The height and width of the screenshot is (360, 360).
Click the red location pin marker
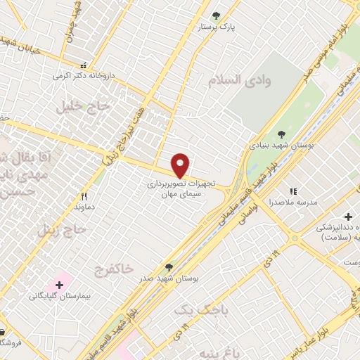click(x=181, y=166)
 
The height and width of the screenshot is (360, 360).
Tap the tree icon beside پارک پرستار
click(x=216, y=15)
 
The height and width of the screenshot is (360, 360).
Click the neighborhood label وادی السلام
click(x=239, y=79)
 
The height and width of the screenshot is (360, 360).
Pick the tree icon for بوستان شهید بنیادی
click(x=281, y=134)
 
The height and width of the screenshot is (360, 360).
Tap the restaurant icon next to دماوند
click(x=84, y=197)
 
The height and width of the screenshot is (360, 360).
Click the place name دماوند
click(x=84, y=208)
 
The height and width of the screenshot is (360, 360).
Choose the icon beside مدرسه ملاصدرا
click(x=293, y=191)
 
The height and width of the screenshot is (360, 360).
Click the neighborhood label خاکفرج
click(x=112, y=269)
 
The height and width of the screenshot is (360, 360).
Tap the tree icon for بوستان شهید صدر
click(x=168, y=267)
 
